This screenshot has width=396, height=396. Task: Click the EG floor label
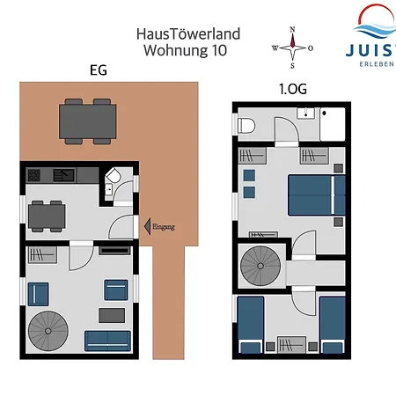(x=99, y=70)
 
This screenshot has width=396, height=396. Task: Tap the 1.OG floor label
(x=293, y=89)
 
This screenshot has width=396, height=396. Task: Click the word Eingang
(x=164, y=227)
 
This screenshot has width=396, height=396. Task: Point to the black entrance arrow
(x=147, y=226)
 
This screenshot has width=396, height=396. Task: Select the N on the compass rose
(x=292, y=29)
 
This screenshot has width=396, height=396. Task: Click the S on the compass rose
(x=292, y=66)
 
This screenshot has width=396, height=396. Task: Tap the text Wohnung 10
(x=186, y=50)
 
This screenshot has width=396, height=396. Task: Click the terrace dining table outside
(x=88, y=121)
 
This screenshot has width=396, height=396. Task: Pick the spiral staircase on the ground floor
(x=48, y=331)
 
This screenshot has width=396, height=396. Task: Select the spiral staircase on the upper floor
(x=260, y=266)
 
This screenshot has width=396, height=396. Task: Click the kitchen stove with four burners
(x=34, y=175)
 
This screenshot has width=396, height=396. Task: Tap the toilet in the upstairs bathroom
(x=246, y=126)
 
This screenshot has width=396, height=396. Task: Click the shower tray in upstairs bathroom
(x=333, y=124)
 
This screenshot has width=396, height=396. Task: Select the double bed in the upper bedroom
(x=317, y=195)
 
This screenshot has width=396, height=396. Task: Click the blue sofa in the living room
(x=107, y=341)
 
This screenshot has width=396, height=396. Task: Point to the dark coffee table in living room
(x=112, y=315)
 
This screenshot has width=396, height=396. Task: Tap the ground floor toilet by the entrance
(x=114, y=176)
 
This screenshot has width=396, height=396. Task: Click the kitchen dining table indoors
(x=47, y=216)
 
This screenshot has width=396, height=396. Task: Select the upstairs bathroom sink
(x=305, y=114)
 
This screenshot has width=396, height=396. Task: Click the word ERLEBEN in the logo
(x=377, y=64)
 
